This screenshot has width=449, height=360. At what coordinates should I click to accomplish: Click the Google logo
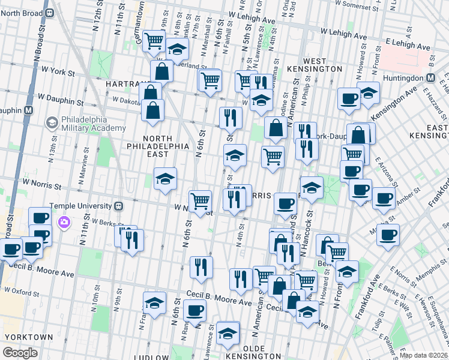pyautogui.click(x=20, y=352)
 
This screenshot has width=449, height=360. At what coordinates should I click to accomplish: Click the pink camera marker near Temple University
pyautogui.click(x=64, y=223)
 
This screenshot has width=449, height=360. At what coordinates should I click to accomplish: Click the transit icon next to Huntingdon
pyautogui.click(x=430, y=77)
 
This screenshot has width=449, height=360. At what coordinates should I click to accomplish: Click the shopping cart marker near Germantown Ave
pyautogui.click(x=154, y=40)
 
